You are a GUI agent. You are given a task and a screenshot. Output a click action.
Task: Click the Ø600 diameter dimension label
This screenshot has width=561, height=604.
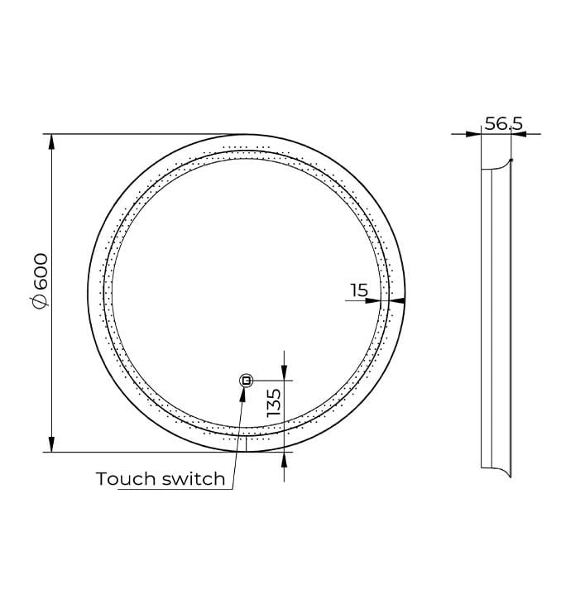point(40,280)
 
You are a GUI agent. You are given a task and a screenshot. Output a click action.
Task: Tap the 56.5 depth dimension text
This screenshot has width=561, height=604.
point(504,123)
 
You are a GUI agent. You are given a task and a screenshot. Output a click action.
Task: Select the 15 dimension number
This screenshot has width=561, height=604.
point(359,290)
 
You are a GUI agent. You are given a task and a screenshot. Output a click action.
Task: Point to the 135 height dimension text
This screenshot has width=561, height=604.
point(275,403)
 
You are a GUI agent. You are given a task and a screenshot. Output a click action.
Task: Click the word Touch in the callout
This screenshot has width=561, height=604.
point(127,479)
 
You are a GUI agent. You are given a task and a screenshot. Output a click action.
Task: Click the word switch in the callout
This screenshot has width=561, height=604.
point(194,479)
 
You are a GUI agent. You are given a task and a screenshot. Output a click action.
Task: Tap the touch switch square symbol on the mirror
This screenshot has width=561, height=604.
point(246,381)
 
